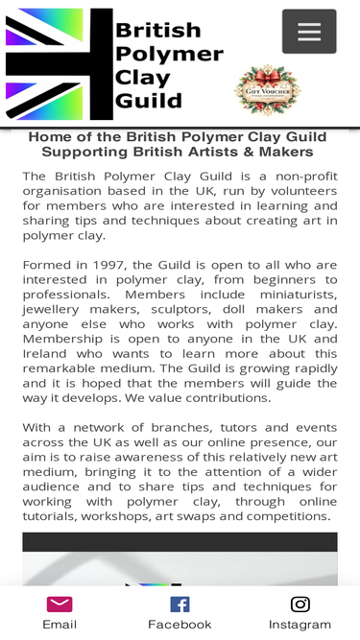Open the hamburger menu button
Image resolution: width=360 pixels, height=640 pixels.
309,32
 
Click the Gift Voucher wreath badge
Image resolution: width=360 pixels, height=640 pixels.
267,90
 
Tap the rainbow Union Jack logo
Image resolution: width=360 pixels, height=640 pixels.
60,63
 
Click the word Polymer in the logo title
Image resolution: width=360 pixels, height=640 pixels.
169,54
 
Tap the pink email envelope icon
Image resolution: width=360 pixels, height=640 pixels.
60,604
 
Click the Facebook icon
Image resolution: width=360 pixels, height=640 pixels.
180,604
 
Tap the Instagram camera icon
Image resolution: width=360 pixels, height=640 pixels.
300,604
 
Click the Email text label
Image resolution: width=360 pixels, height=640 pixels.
60,625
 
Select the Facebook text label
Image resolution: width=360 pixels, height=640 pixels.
180,625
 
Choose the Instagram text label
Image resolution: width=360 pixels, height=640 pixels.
300,625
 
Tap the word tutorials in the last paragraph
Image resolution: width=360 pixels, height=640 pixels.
53,516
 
